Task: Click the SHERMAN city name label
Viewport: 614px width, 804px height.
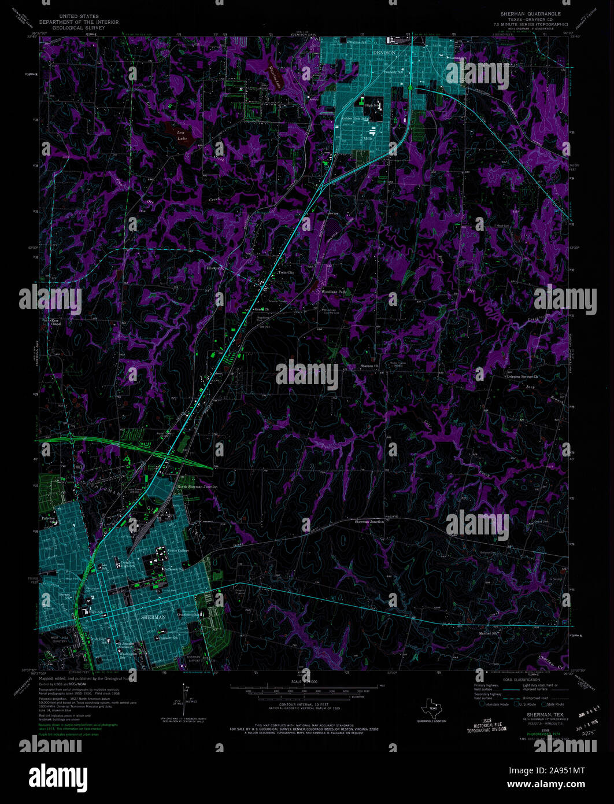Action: point(154,617)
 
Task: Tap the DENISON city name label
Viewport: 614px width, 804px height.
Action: point(384,53)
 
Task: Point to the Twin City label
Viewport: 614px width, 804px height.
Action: point(286,272)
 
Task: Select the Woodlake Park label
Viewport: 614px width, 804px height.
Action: point(334,292)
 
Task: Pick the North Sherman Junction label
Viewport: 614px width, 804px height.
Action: point(198,487)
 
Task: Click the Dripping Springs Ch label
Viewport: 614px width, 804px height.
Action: point(523,377)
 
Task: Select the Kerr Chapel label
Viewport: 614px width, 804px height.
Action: point(56,322)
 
